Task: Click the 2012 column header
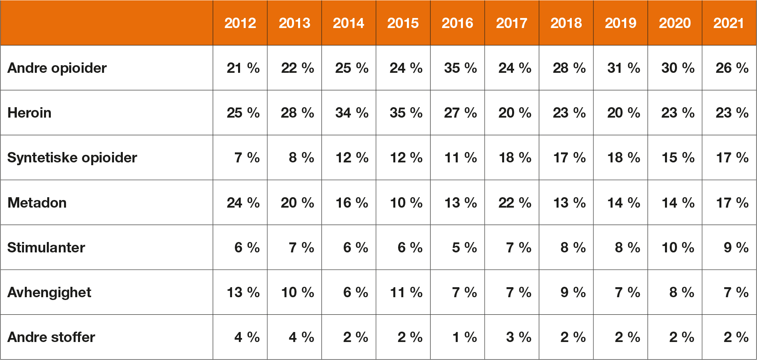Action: tap(240, 23)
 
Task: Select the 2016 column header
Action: tap(457, 23)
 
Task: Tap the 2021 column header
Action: tap(729, 23)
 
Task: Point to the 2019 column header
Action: tap(621, 23)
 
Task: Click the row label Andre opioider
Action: tap(57, 68)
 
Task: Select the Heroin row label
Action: tap(30, 113)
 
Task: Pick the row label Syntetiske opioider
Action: tap(72, 158)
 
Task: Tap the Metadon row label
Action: tap(37, 203)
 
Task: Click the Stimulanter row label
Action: tap(46, 248)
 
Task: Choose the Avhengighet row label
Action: tap(50, 292)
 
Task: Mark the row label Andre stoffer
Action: tap(52, 337)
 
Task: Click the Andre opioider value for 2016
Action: tap(461, 68)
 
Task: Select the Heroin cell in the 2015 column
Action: tap(406, 113)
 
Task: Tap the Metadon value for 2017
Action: tap(515, 203)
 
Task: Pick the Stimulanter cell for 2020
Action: tap(678, 248)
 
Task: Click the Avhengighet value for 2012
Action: tap(243, 292)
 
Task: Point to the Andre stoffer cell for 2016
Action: tap(465, 337)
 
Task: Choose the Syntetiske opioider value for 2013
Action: tap(302, 158)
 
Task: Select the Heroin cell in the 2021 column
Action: tap(732, 113)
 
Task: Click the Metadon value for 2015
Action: tap(406, 203)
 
